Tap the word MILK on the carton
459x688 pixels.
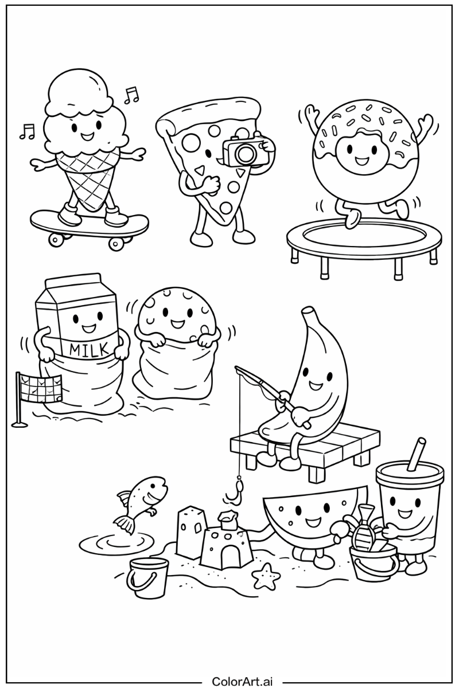click(84, 349)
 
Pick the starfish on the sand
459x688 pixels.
click(265, 576)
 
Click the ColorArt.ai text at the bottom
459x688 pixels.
click(242, 681)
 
